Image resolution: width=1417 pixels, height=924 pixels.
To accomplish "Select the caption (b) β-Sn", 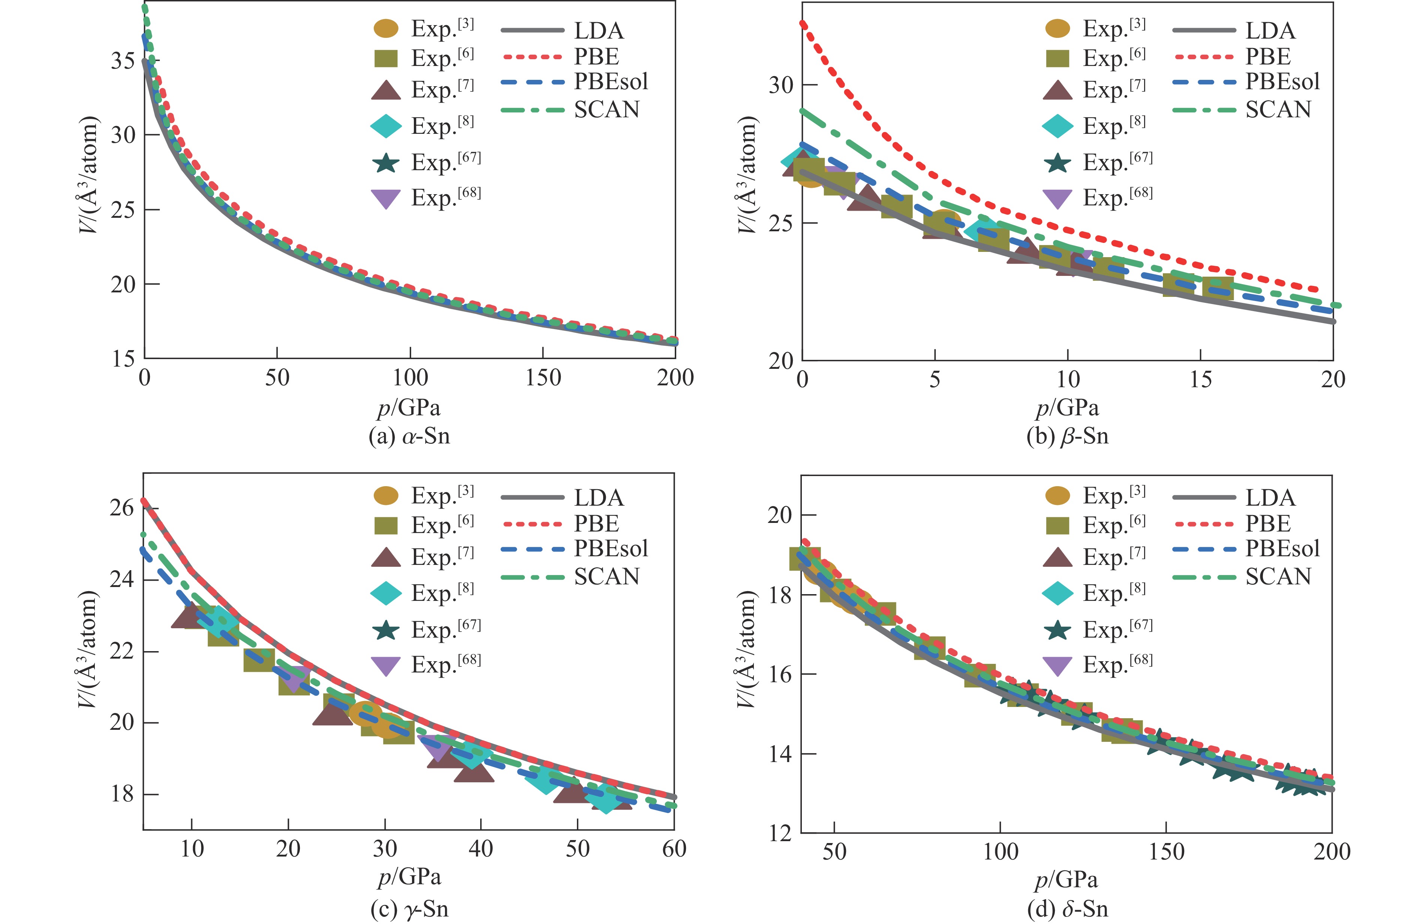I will click(1068, 436).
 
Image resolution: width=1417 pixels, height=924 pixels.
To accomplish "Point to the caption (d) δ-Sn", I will click(1068, 909).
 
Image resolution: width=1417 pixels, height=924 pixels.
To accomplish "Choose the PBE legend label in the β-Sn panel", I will click(1268, 57).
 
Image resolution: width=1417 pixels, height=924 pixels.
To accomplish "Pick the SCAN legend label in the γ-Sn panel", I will click(606, 576).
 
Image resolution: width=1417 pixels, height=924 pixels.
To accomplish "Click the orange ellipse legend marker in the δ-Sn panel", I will click(1058, 495).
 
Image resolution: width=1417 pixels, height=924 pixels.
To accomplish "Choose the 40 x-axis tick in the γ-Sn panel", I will click(481, 848).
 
